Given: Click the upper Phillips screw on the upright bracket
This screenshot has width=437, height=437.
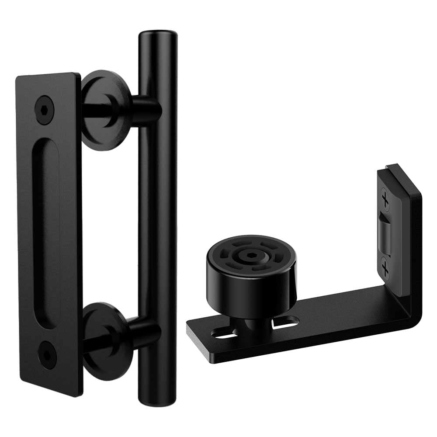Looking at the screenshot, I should pos(385,201).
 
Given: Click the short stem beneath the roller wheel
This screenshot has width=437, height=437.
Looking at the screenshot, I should pos(250,323).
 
